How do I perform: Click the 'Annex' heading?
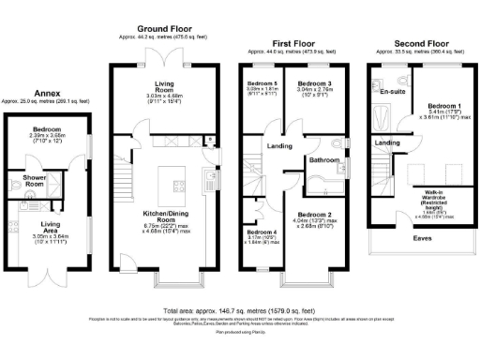[47, 93]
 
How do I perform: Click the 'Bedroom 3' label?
[312, 83]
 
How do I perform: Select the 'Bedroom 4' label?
[261, 232]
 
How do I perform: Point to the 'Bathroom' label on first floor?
[323, 160]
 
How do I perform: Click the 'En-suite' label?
[392, 93]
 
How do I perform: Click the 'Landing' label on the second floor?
[387, 142]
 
